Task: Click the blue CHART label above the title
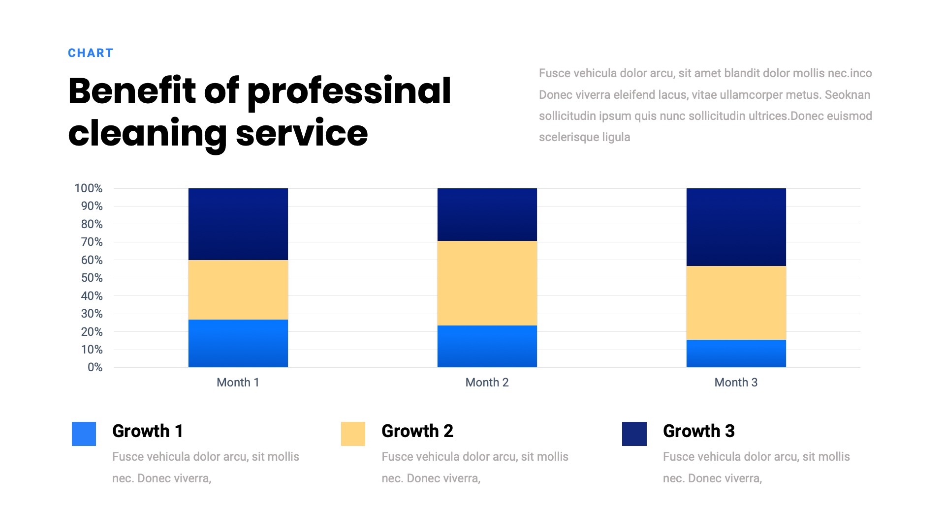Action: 91,53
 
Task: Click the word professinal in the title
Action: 349,91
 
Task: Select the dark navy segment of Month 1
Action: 238,224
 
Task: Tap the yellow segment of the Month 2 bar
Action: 487,283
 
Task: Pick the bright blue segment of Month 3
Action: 736,354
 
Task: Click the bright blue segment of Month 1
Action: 238,343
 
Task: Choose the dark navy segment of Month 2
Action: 487,214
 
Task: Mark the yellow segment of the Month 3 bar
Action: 736,303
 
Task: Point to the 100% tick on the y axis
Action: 89,188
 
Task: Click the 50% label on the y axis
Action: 92,278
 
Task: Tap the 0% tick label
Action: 95,367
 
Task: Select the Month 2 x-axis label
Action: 487,383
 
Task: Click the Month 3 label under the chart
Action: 736,383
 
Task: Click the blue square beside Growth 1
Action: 84,434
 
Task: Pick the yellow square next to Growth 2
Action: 353,434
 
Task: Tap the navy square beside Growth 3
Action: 634,434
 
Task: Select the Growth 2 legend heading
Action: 417,431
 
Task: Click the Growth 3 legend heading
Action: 698,431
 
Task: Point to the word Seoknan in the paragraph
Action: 847,95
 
